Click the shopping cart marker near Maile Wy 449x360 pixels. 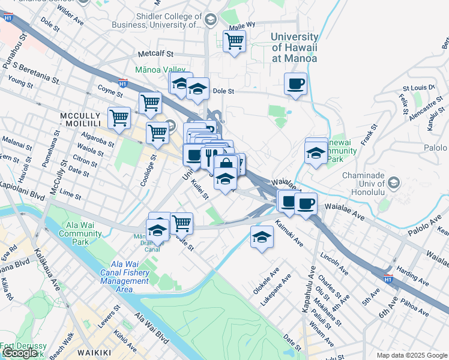tap(234, 42)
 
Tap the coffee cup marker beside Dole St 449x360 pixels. tap(295, 84)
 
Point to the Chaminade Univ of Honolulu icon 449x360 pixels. tap(394, 182)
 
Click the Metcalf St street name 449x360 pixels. tap(155, 54)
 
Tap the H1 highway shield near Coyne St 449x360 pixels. tap(122, 84)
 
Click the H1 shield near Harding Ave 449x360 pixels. tap(388, 278)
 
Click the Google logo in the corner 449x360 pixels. tap(19, 353)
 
